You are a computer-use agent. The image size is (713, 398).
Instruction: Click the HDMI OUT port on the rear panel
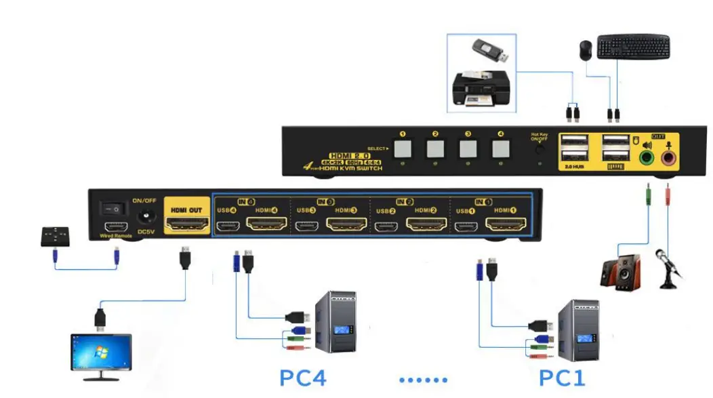click(x=188, y=223)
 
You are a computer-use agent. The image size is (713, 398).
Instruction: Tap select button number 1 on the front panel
click(x=403, y=147)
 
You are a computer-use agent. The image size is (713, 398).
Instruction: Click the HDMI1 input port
click(x=502, y=224)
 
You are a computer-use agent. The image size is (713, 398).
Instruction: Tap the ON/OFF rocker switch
click(x=111, y=210)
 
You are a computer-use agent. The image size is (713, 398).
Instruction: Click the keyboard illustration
click(x=633, y=47)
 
